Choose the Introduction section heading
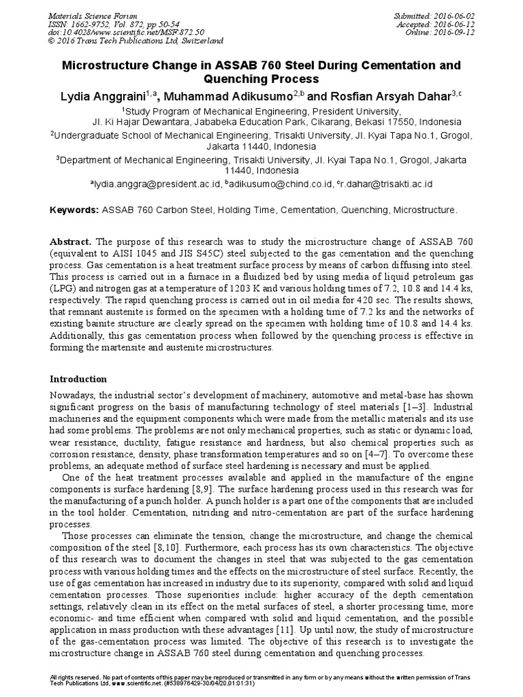79,379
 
